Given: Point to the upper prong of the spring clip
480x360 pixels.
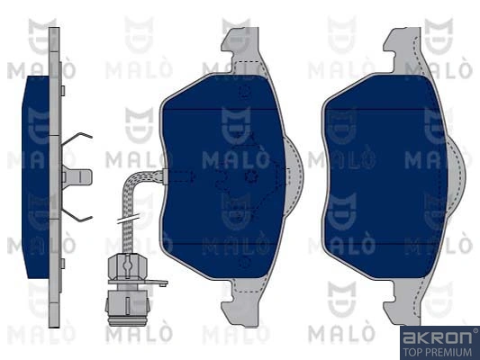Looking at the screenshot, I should (79, 139).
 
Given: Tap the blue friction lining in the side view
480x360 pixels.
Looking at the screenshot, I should (36, 175).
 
